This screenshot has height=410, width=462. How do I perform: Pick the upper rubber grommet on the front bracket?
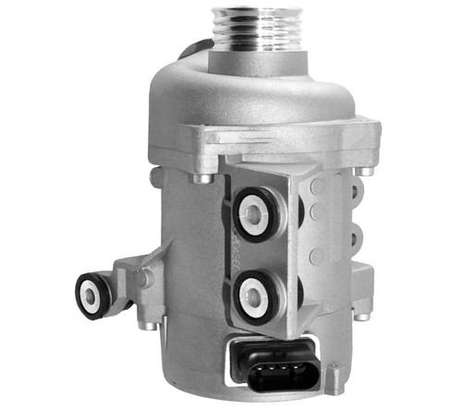point(251,210)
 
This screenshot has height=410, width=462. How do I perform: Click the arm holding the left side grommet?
point(125,277)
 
